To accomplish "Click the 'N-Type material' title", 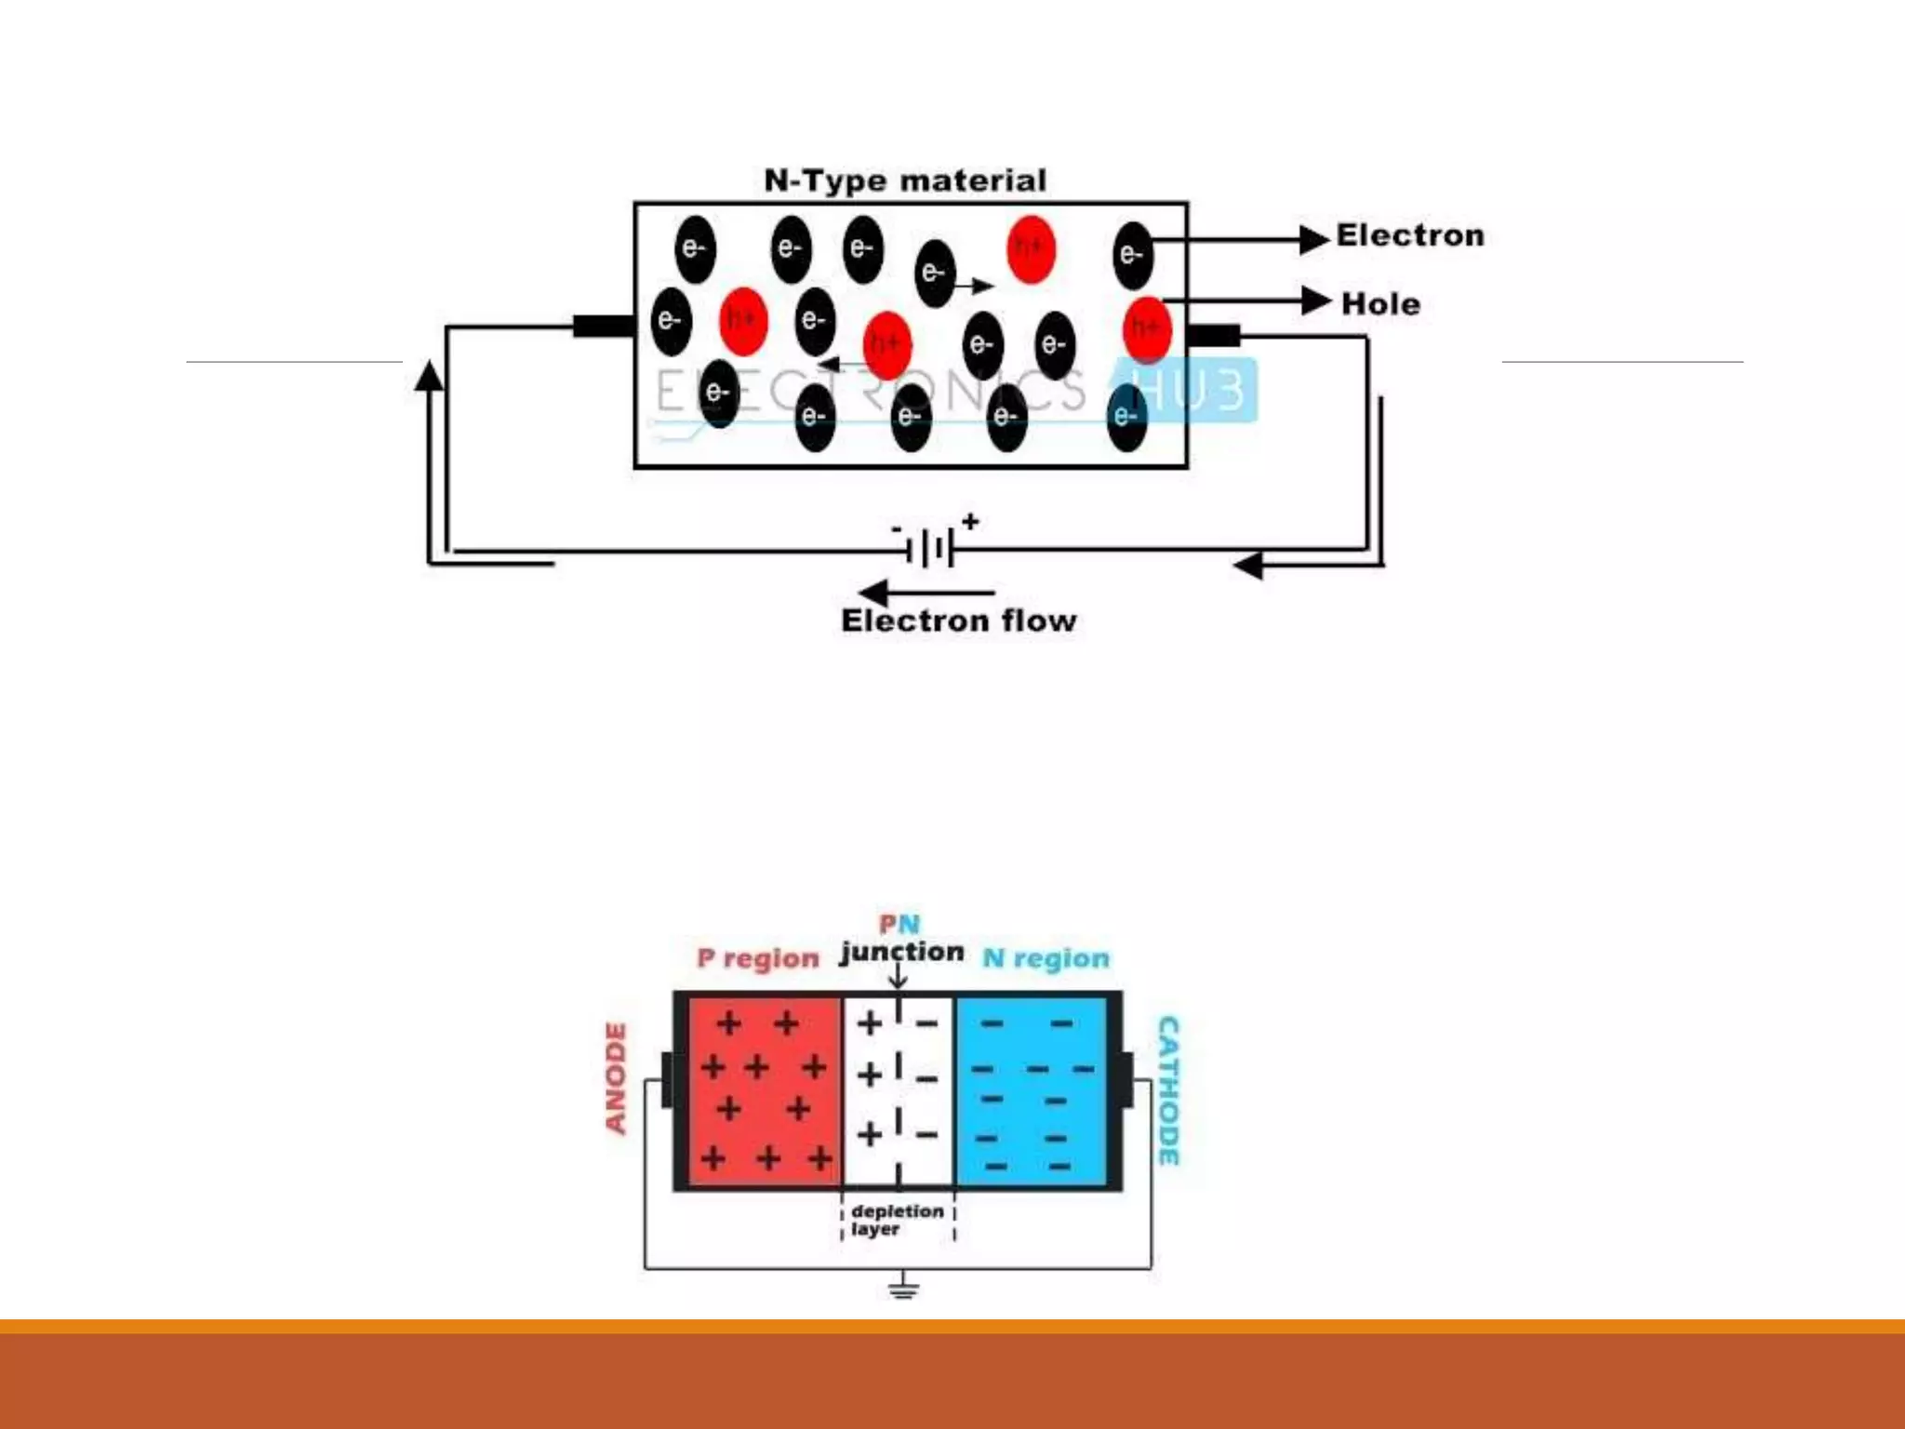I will [x=905, y=180].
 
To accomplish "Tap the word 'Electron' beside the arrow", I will [x=1410, y=236].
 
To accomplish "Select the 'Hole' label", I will [x=1380, y=304].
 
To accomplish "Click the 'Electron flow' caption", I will [x=958, y=621].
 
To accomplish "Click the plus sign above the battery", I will [x=970, y=521].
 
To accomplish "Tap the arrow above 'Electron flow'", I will [x=926, y=593].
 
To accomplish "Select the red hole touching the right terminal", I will [x=1146, y=328].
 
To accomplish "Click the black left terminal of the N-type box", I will [x=603, y=327].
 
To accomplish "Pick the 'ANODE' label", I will [x=616, y=1078].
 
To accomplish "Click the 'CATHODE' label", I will [x=1168, y=1090].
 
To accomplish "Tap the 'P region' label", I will [x=758, y=958].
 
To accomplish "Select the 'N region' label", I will [x=1046, y=958].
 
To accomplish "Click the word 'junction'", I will [x=901, y=952].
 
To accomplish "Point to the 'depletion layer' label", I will [x=895, y=1220].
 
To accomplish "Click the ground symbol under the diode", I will [x=902, y=1289].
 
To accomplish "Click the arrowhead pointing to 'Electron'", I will [x=1313, y=239].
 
